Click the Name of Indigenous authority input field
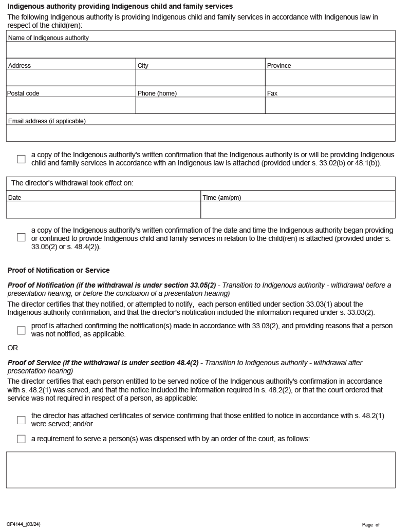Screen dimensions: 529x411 [x=200, y=50]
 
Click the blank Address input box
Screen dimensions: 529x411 [x=71, y=78]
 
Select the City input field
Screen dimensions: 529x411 [x=200, y=78]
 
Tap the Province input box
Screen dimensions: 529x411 [x=330, y=78]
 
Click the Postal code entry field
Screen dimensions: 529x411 [x=71, y=105]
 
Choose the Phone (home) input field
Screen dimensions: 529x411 [x=200, y=105]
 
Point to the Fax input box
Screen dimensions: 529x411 [x=330, y=105]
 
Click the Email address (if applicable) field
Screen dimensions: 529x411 [x=200, y=133]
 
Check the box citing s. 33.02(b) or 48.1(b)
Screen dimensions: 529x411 [x=21, y=159]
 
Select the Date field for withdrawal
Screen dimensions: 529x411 [x=103, y=210]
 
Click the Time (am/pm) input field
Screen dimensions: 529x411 [x=298, y=210]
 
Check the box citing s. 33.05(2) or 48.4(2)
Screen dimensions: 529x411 [x=21, y=237]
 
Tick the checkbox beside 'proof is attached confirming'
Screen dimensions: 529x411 [x=21, y=330]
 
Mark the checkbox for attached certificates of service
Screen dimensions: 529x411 [x=21, y=420]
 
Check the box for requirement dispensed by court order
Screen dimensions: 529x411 [x=21, y=439]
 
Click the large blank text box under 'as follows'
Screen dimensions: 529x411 [x=200, y=469]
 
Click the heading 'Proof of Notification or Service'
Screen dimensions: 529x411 [x=59, y=270]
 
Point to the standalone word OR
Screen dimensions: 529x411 [x=13, y=348]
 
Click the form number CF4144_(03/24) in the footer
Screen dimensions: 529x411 [x=24, y=524]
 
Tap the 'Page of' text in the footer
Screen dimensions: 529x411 [x=370, y=525]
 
